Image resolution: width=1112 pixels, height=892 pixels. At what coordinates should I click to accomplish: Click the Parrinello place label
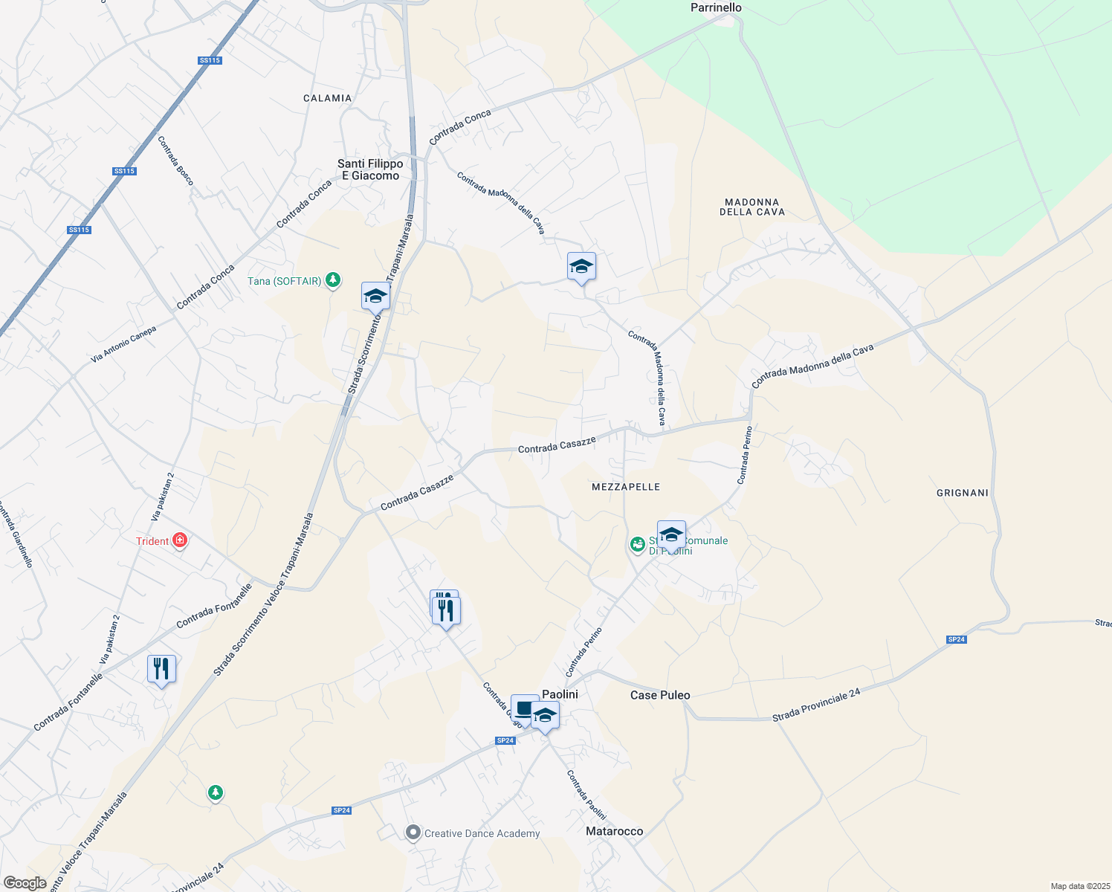pos(716,7)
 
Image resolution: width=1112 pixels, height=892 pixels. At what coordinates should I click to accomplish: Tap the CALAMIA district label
pos(327,98)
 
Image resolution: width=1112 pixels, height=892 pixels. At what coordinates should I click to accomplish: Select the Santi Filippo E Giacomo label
pos(370,169)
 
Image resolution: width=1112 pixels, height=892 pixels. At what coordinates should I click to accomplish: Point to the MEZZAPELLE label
pos(626,487)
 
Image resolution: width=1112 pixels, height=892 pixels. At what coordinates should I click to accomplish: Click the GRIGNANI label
pos(963,493)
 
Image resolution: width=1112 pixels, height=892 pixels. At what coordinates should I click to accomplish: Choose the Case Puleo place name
pos(660,695)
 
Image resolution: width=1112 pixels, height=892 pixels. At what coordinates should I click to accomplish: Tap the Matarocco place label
pos(614,831)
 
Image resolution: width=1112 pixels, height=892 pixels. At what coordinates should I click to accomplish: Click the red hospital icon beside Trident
pos(179,540)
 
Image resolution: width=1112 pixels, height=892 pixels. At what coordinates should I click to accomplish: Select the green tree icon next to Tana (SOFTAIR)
pos(334,280)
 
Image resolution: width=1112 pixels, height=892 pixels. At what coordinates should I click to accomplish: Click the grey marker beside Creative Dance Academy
pos(413,833)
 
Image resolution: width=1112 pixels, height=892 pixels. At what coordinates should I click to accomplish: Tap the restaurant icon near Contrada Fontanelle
pos(161,669)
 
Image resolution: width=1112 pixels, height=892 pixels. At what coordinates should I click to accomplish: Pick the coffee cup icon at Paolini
pos(525,708)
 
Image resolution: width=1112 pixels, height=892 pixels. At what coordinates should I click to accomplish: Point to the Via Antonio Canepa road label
pos(123,345)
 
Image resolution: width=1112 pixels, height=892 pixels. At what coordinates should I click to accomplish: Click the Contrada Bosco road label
pos(175,161)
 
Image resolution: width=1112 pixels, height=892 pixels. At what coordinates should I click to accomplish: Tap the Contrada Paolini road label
pos(586,795)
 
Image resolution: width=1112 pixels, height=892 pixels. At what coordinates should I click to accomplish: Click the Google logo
pos(25,883)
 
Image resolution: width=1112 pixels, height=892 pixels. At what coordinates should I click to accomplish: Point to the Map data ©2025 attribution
pos(1079,886)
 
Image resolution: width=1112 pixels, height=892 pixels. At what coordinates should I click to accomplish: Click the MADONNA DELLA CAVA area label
pos(751,207)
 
